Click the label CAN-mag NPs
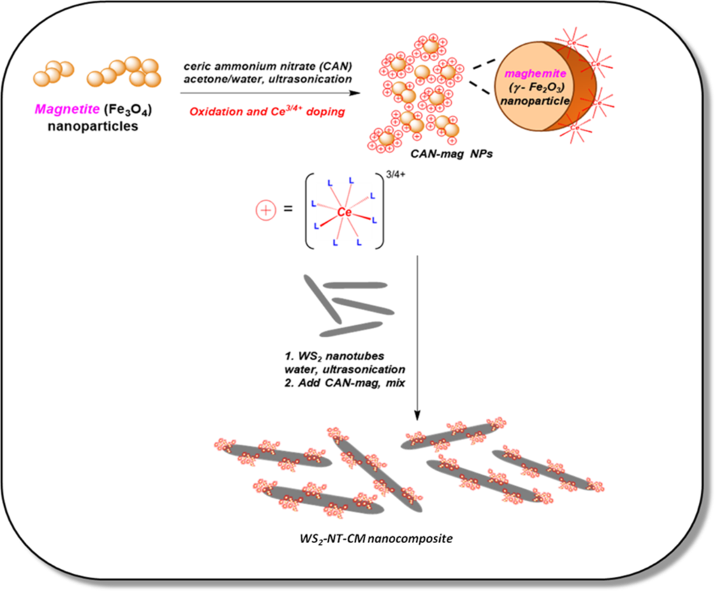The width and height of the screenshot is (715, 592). [x=462, y=153]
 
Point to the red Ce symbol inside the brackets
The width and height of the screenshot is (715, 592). [x=344, y=211]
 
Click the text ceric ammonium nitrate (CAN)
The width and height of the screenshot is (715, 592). [x=269, y=66]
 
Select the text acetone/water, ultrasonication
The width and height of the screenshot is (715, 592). [x=269, y=80]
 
